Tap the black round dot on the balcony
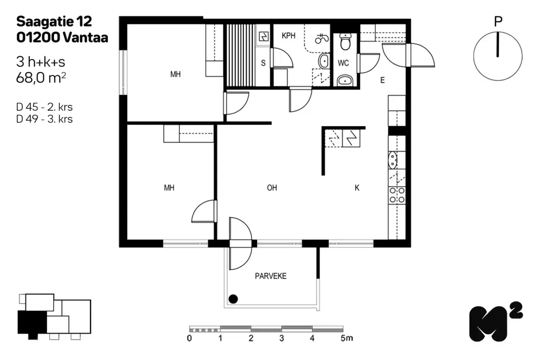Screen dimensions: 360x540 click(x=233, y=297)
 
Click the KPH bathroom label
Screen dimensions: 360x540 click(x=288, y=36)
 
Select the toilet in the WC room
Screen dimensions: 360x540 click(x=345, y=43)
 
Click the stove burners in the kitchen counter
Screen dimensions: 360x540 click(x=397, y=194)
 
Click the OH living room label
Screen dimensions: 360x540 click(x=272, y=188)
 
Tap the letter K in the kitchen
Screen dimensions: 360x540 click(x=357, y=188)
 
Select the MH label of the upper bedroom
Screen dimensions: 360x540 click(x=175, y=75)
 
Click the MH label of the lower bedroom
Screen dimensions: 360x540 click(x=169, y=188)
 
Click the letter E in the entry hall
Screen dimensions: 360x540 click(x=382, y=81)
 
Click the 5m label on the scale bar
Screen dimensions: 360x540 click(x=346, y=338)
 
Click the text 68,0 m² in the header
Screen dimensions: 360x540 click(x=41, y=77)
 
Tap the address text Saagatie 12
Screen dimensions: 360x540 click(x=54, y=21)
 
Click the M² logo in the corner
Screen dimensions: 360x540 click(x=495, y=322)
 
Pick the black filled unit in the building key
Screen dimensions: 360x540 click(x=31, y=322)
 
